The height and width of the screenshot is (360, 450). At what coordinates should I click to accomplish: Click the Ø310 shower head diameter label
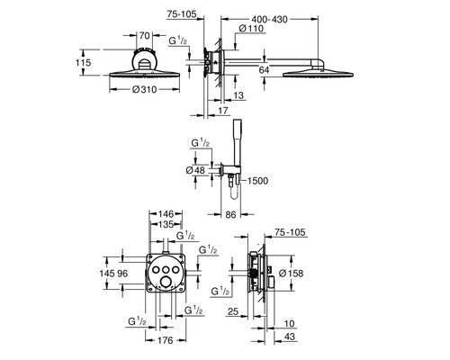click(x=144, y=89)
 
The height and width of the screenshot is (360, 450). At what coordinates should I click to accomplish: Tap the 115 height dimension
click(x=83, y=63)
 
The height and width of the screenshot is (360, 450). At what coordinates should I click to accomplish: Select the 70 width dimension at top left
click(x=144, y=36)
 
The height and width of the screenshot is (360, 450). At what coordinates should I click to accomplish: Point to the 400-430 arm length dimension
click(x=269, y=20)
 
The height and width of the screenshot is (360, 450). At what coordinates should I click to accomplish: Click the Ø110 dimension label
click(x=251, y=29)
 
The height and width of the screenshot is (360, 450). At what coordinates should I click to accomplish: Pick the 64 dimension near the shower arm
click(x=264, y=70)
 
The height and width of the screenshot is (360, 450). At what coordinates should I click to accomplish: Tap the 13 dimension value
click(x=238, y=95)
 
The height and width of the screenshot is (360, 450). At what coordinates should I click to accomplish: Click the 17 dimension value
click(x=223, y=111)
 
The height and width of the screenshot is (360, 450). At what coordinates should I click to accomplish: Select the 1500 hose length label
click(x=258, y=181)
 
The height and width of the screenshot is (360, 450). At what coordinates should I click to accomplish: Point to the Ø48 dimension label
click(x=195, y=170)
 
